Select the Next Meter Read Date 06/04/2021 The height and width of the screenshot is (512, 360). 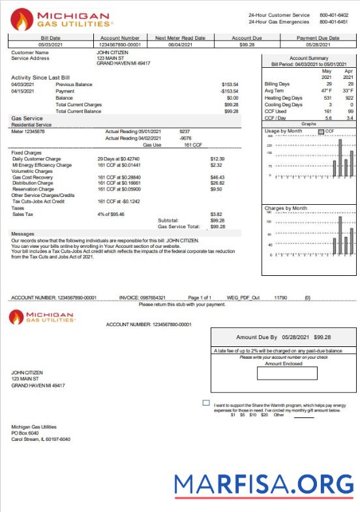(x=185, y=45)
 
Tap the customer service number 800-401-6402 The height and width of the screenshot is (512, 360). (x=333, y=14)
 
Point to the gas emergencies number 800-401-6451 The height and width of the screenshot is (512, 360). (x=333, y=21)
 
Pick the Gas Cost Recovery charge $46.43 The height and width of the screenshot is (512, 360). (x=217, y=177)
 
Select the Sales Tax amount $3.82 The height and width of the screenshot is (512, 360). (x=216, y=214)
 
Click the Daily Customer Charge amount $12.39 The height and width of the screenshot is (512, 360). (x=217, y=159)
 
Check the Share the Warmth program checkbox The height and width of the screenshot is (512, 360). (x=206, y=404)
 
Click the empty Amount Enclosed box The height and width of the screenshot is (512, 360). (x=292, y=373)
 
